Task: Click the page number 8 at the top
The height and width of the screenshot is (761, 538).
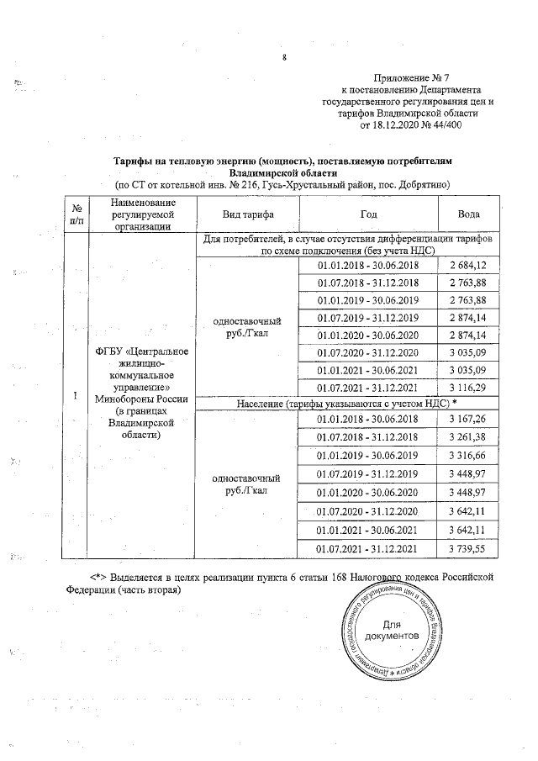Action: pos(285,57)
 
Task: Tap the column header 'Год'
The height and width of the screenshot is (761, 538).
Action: pos(368,214)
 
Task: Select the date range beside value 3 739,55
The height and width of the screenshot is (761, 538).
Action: pos(368,548)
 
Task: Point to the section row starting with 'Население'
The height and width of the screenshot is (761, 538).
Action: pos(346,404)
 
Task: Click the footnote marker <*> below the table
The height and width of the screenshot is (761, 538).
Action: pos(101,577)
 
